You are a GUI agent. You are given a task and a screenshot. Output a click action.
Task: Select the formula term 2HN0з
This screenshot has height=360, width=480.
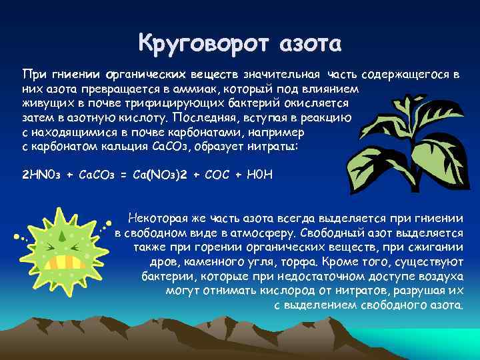44,175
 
